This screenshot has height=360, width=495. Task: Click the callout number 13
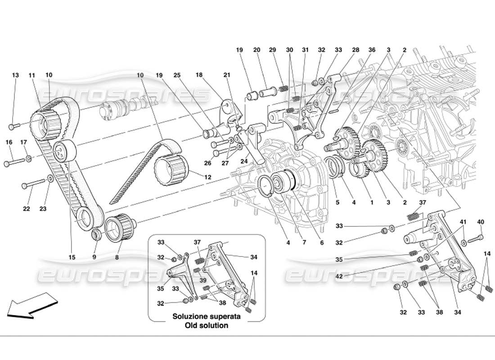coord(15,75)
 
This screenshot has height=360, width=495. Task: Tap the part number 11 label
coord(32,75)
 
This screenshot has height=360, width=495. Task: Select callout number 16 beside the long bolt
coord(9,142)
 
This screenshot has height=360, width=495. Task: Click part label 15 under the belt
coord(72,257)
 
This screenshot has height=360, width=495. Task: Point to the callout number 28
coord(356,50)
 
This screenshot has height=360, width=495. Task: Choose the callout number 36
coord(372,50)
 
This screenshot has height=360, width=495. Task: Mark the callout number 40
coord(481,221)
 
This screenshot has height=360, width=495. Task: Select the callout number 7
coord(304,243)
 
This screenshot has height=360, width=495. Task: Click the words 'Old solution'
coord(206,325)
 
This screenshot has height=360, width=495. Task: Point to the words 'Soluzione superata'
coord(206,317)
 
